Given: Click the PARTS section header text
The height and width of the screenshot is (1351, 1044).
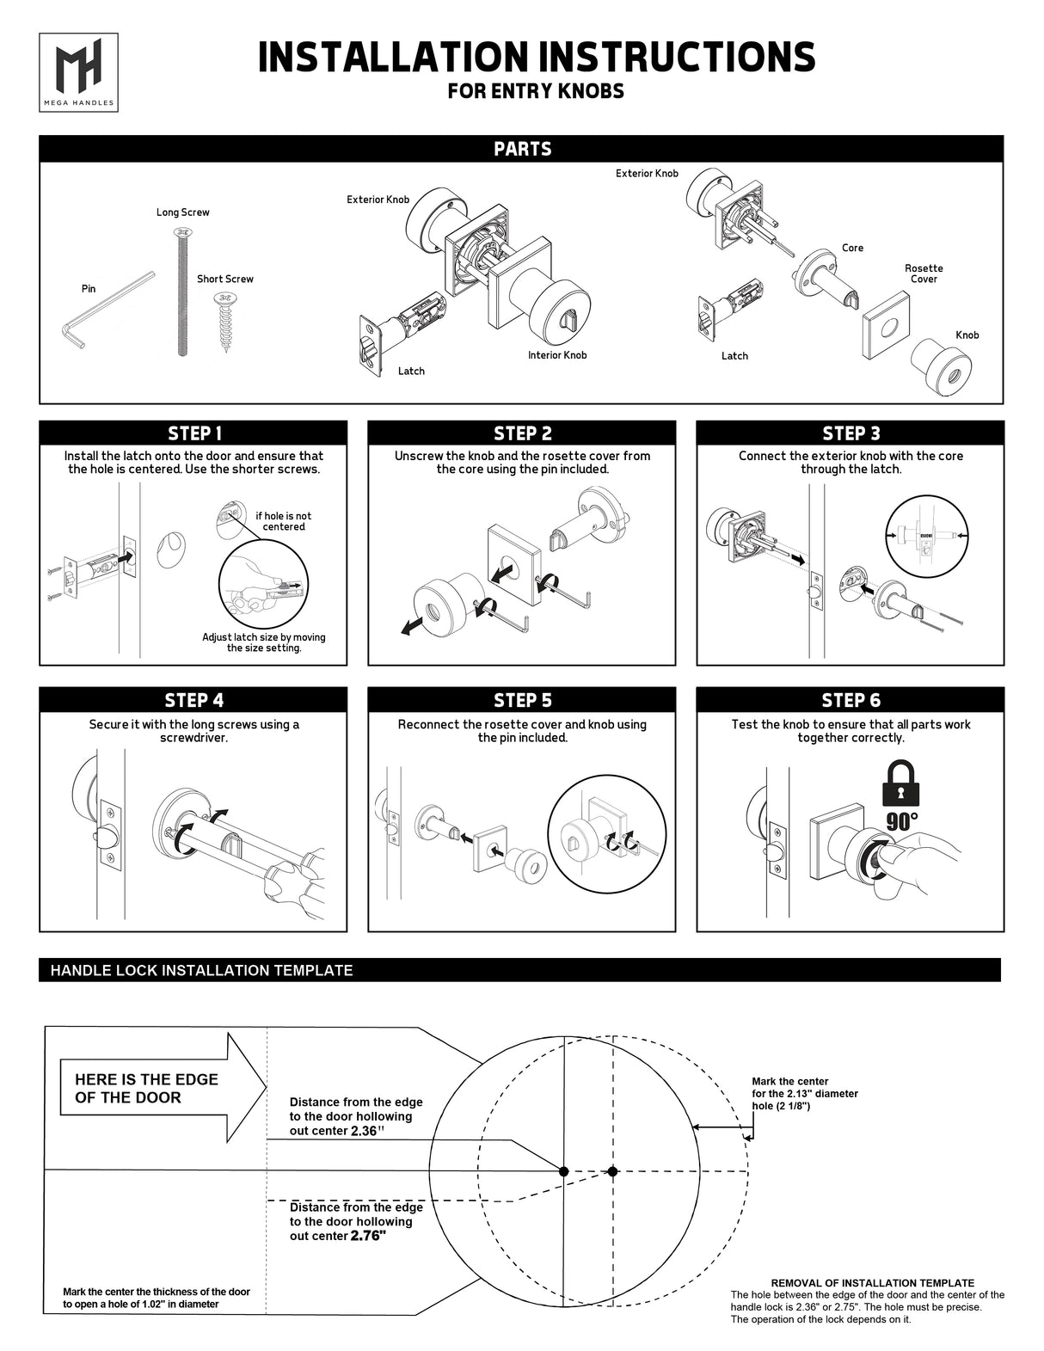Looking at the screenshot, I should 522,150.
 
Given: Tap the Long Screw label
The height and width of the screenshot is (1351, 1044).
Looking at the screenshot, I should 182,212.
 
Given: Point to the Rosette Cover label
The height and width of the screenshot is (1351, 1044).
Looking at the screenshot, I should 924,273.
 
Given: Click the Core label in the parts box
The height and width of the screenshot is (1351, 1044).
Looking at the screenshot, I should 852,248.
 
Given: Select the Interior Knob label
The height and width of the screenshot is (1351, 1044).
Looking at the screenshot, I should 557,355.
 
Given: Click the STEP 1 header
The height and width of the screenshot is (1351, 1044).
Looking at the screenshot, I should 194,433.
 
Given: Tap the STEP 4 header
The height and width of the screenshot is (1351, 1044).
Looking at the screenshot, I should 194,701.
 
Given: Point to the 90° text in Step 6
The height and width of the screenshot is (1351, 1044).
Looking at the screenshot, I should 901,821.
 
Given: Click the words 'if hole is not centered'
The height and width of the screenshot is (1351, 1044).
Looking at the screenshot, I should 283,521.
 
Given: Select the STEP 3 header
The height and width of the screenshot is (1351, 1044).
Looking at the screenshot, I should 851,433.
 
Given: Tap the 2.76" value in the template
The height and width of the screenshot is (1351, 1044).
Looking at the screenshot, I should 368,1237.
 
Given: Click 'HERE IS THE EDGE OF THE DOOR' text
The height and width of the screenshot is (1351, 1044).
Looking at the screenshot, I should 146,1088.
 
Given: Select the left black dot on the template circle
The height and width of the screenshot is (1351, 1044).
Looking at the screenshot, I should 563,1171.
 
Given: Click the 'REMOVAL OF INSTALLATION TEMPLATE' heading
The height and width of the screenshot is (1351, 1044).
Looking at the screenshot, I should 872,1282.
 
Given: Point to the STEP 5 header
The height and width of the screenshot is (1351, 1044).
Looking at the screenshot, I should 522,701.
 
